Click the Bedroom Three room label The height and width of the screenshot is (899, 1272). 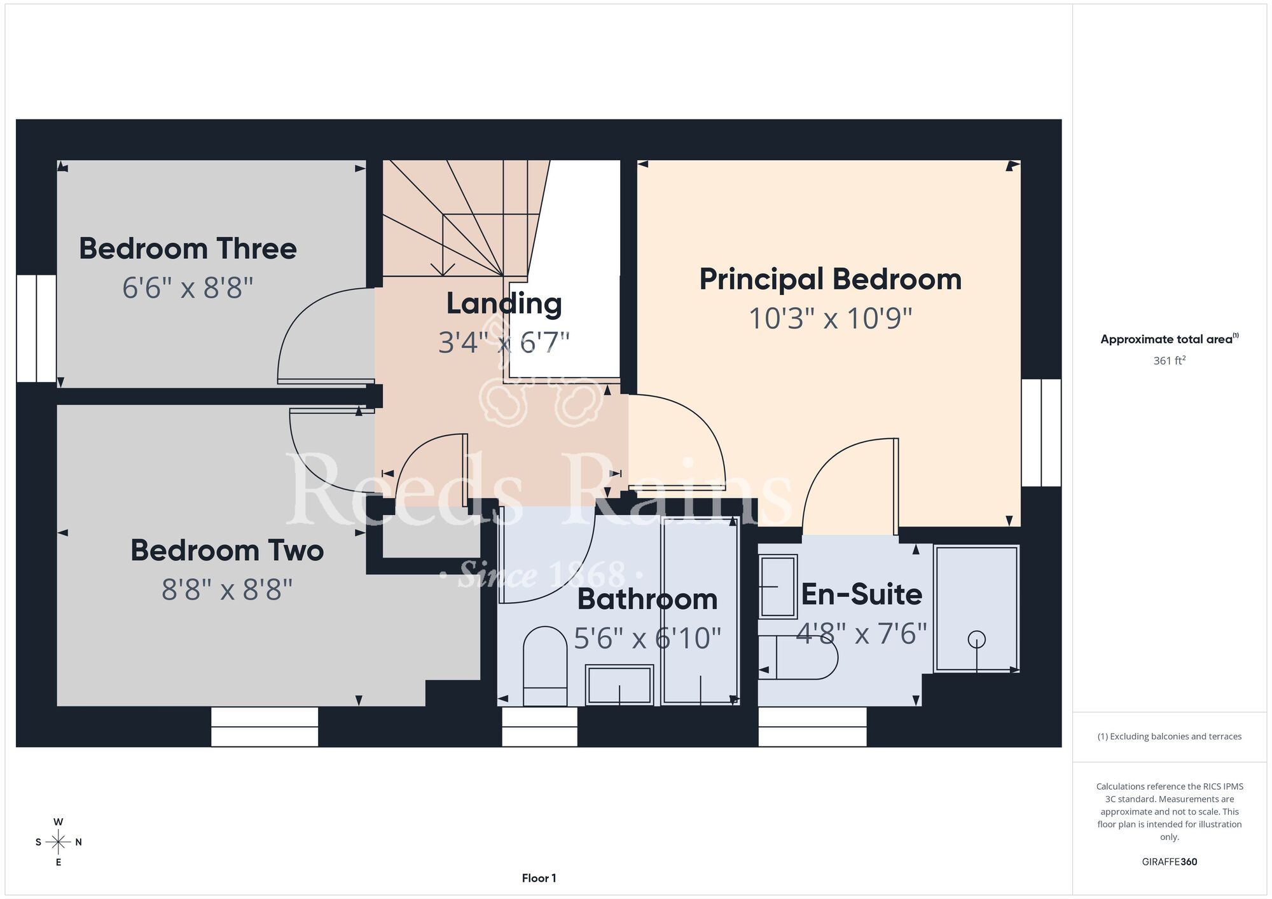[x=188, y=249]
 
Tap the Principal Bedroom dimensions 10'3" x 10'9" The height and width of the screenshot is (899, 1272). [x=830, y=319]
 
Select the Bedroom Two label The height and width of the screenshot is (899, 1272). [x=227, y=551]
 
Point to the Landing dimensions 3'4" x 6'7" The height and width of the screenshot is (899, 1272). [x=504, y=342]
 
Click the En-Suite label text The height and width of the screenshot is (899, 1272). [x=862, y=594]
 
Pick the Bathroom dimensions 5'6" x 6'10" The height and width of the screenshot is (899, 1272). [x=647, y=638]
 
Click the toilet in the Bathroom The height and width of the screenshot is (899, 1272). [x=545, y=666]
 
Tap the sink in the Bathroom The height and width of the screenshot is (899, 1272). [x=619, y=685]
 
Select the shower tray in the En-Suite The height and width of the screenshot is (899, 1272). [x=976, y=608]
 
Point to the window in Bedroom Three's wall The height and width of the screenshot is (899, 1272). [x=36, y=328]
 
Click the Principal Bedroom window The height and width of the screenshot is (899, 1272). [x=1041, y=433]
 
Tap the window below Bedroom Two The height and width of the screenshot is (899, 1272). [x=265, y=727]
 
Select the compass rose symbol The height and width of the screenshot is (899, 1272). [x=59, y=842]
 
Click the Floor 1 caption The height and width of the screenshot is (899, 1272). [x=539, y=878]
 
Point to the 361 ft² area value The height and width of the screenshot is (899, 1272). [x=1170, y=360]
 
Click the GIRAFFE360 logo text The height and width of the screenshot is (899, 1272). [x=1170, y=862]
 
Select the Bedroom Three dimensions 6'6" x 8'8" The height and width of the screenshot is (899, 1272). [x=188, y=288]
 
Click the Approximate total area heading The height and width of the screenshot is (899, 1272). [x=1170, y=339]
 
